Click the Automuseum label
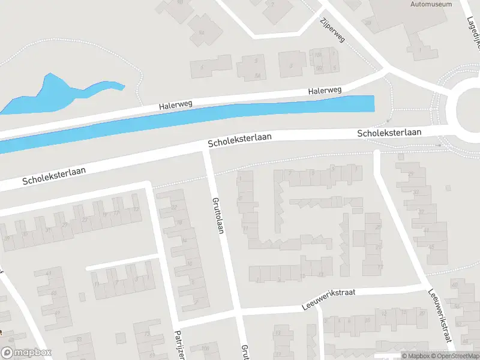430,4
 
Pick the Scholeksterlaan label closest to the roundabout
389,132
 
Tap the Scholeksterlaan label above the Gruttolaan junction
239,141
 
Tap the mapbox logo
26,353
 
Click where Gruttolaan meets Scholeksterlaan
206,149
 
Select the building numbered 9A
201,32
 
